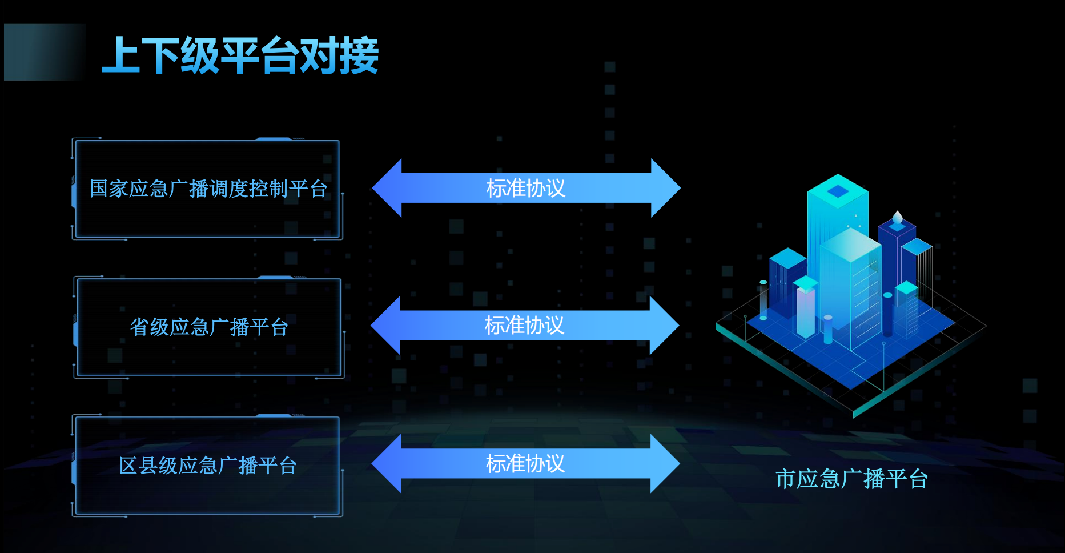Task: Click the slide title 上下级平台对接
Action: (x=240, y=55)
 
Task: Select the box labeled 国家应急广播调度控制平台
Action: (x=208, y=189)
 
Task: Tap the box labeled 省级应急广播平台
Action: (x=209, y=327)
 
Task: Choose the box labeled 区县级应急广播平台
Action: (x=208, y=466)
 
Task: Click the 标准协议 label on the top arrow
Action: (x=525, y=188)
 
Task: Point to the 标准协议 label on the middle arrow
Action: (x=524, y=326)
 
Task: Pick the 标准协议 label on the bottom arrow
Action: (x=525, y=463)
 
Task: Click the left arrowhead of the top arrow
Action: (x=388, y=188)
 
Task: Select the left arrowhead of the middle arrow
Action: (x=387, y=326)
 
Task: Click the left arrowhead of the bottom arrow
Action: (x=388, y=463)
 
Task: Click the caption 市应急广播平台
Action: (x=851, y=479)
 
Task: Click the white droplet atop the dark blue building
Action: (x=898, y=218)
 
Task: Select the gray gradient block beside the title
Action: (x=44, y=52)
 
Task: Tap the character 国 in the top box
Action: (x=99, y=189)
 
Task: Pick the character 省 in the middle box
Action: (x=139, y=327)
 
